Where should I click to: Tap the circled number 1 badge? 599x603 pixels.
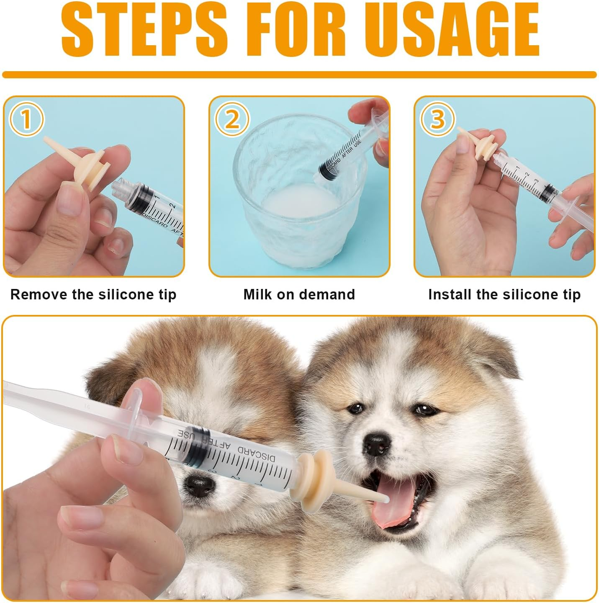tap(26, 119)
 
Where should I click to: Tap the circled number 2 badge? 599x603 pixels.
tap(231, 119)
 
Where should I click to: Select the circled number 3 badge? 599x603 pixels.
tap(437, 119)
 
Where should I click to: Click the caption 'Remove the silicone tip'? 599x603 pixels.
tap(93, 294)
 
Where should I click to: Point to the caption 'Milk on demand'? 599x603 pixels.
tap(299, 294)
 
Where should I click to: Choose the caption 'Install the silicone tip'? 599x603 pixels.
tap(504, 294)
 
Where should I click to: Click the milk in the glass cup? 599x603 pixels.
tap(299, 205)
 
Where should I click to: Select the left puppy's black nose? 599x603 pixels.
tap(199, 486)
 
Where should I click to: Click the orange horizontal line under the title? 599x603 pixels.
tap(299, 75)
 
